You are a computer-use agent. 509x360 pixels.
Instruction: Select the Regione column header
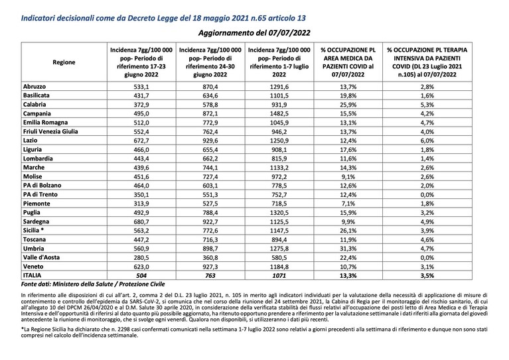pos(64,62)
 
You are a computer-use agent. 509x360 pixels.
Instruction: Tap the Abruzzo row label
pos(35,87)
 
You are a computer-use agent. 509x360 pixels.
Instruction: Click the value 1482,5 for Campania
pos(279,113)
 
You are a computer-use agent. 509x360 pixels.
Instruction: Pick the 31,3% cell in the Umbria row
pos(348,249)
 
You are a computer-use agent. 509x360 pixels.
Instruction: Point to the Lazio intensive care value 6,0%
pos(427,141)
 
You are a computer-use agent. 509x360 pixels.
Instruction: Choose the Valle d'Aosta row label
pos(41,257)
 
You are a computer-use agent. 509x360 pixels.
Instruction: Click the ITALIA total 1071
pos(279,276)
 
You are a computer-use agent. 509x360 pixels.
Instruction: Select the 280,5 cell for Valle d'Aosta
pos(141,257)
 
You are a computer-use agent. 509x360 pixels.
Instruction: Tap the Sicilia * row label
pos(33,230)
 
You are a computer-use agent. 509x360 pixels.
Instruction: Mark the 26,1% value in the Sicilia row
pos(348,231)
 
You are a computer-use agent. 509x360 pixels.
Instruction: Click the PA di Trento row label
pos(40,195)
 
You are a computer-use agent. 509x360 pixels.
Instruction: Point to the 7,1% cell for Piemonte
pos(348,204)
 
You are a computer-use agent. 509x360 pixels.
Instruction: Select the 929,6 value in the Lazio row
pos(210,141)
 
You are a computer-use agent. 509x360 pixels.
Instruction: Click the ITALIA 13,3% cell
pos(348,276)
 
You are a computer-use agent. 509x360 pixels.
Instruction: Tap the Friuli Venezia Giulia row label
pos(50,131)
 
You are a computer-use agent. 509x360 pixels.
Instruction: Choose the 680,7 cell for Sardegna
pos(141,221)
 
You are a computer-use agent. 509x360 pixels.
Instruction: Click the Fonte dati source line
pos(93,284)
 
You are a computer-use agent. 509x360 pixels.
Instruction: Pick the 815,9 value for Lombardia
pos(279,158)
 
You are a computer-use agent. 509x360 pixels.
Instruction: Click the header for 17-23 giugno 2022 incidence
pos(141,62)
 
